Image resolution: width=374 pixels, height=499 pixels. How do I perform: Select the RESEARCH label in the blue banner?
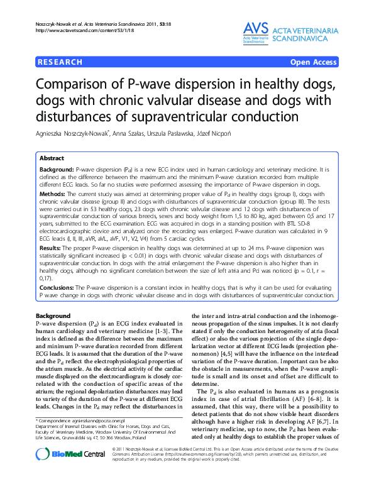60,62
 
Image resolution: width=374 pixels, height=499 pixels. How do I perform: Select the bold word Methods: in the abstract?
53,195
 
